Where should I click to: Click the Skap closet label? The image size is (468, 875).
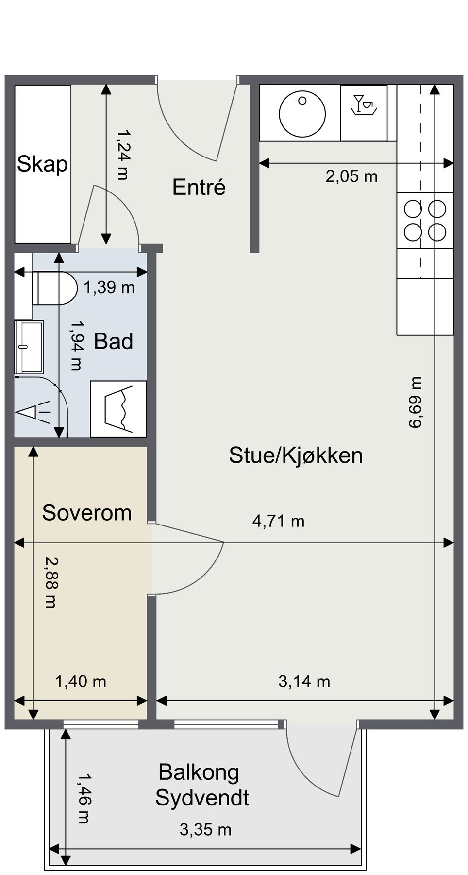(x=42, y=164)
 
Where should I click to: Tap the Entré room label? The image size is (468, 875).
(x=199, y=187)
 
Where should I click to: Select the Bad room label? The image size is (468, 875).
(x=113, y=341)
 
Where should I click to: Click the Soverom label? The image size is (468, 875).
(x=87, y=513)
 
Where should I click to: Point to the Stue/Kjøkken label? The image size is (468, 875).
(x=296, y=455)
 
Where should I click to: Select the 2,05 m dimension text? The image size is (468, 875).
(x=351, y=176)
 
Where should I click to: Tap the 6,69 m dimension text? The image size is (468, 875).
(x=416, y=402)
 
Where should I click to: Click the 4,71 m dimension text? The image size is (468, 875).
(x=278, y=521)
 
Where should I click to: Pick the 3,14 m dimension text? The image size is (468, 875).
(x=304, y=682)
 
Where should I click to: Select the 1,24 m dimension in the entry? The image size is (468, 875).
(x=122, y=155)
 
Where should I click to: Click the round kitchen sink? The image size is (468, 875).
(x=301, y=113)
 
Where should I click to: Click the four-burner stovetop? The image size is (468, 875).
(x=425, y=221)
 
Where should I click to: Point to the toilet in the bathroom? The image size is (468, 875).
(x=54, y=288)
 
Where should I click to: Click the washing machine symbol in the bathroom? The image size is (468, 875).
(x=118, y=408)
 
